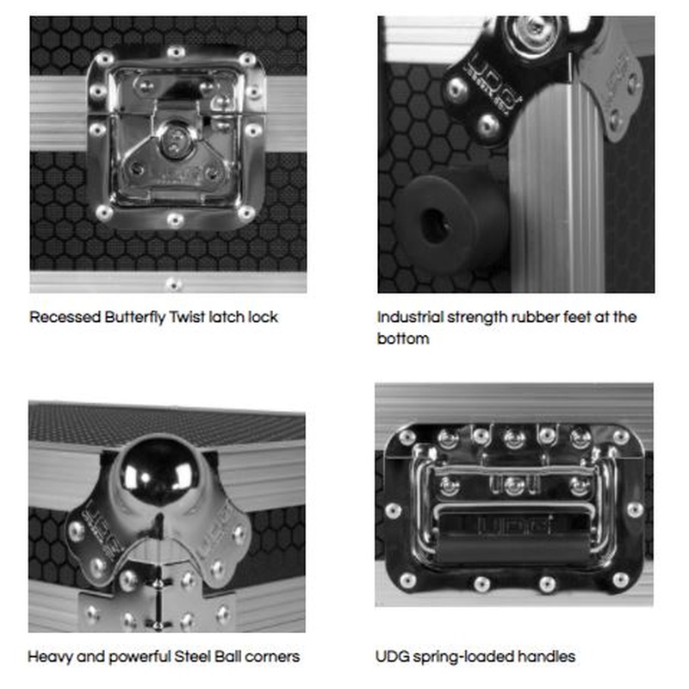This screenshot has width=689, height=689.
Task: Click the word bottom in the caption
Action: pyautogui.click(x=403, y=338)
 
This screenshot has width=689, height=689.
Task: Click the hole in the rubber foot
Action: pyautogui.click(x=433, y=226)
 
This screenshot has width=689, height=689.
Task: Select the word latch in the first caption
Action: pyautogui.click(x=227, y=317)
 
